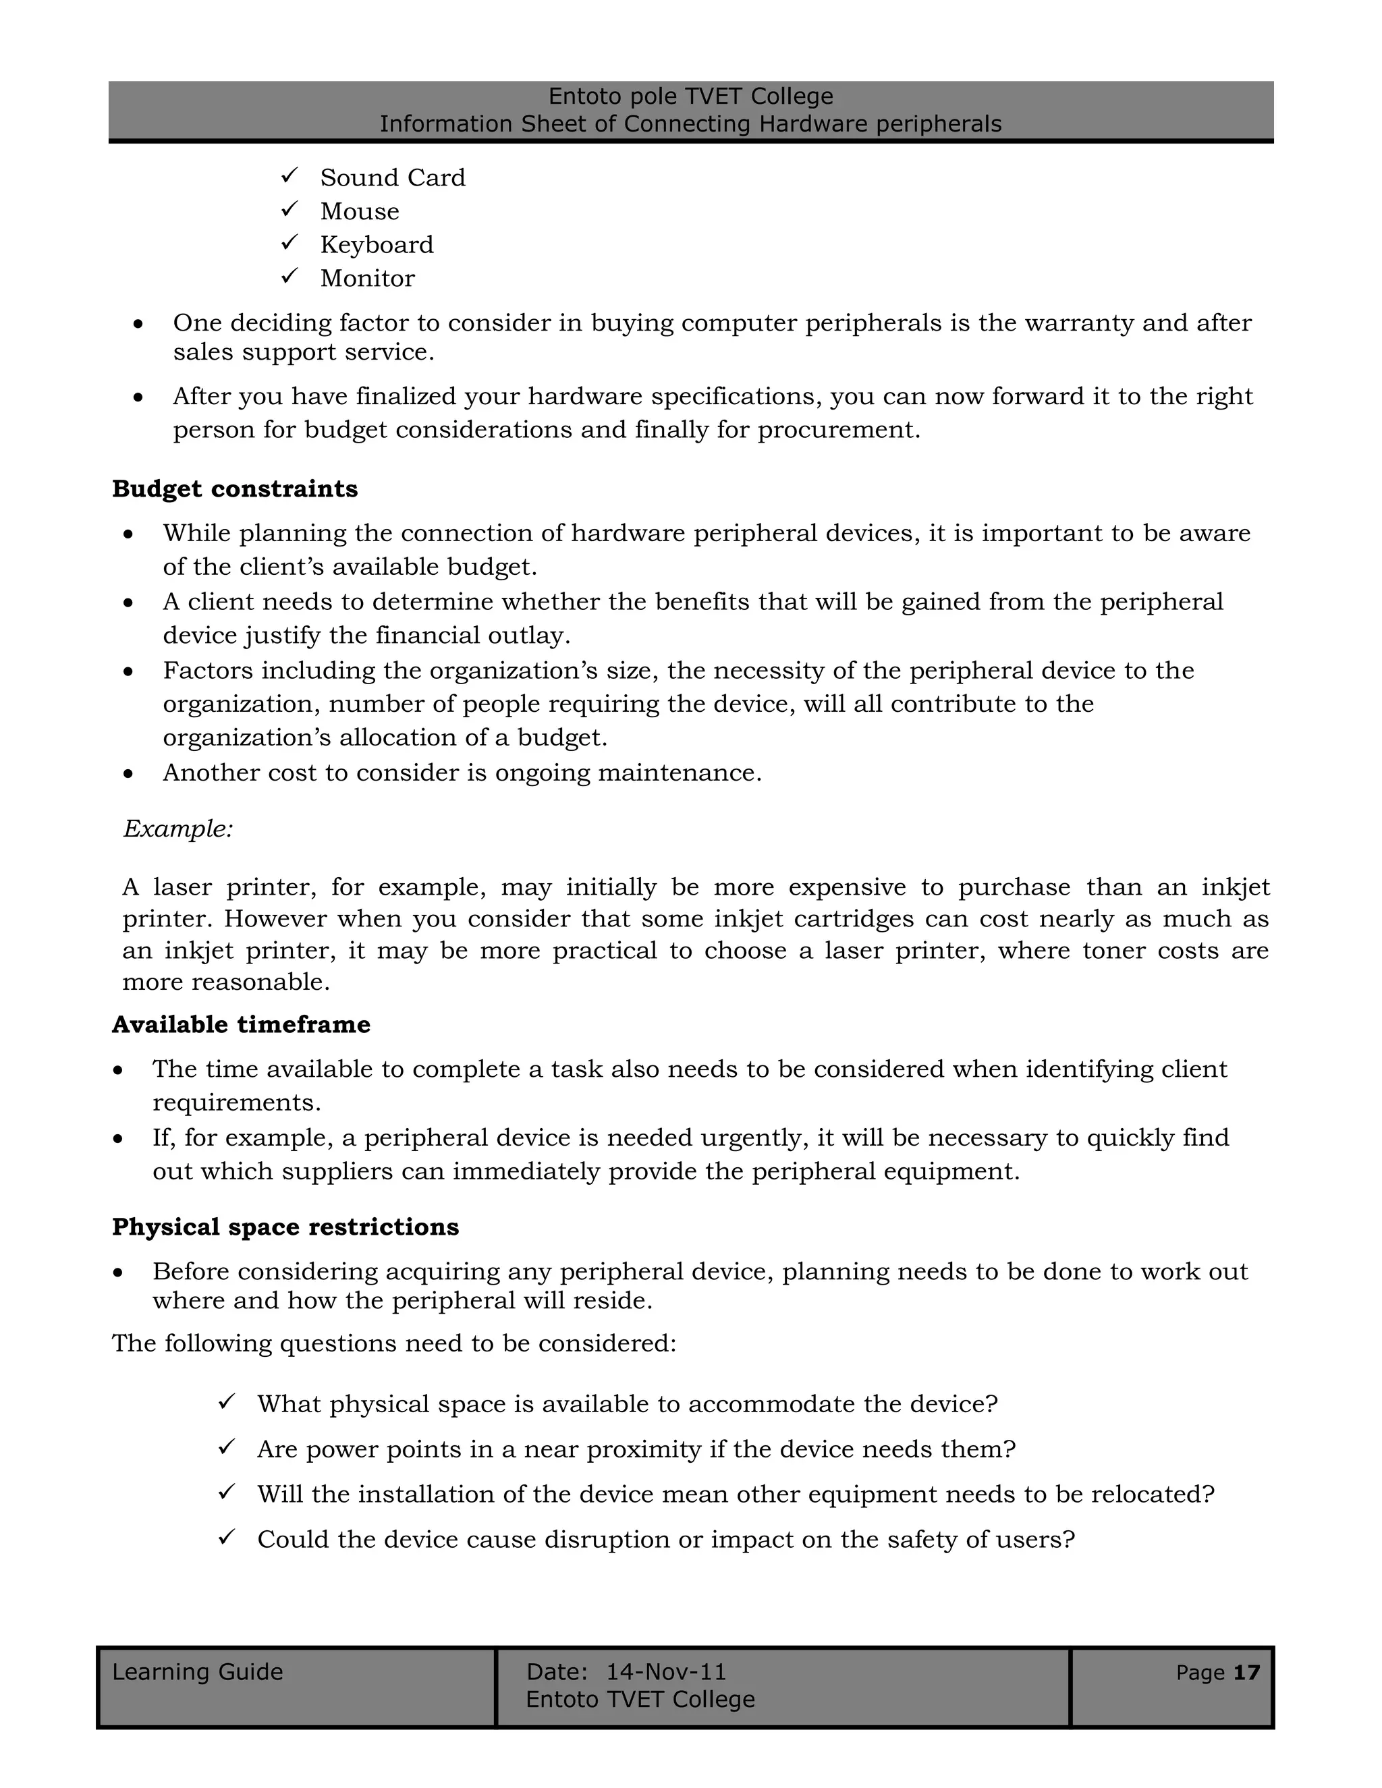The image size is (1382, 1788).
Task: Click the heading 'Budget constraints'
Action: [x=235, y=488]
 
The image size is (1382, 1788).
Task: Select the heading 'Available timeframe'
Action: [x=241, y=1024]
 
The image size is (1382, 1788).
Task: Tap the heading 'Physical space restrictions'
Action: [x=285, y=1227]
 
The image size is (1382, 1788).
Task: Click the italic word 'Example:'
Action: [x=178, y=829]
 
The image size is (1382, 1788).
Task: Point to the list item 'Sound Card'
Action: [x=392, y=177]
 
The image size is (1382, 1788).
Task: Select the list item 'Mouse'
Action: [x=360, y=211]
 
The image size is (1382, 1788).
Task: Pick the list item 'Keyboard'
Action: [x=377, y=245]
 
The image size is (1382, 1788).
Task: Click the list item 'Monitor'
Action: [x=368, y=279]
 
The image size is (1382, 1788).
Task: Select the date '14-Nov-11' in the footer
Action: [x=665, y=1672]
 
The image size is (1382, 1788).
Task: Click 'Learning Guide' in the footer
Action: [x=197, y=1672]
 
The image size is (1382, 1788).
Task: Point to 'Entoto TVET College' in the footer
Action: [x=640, y=1700]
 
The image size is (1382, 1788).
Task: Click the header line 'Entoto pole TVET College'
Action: [x=690, y=96]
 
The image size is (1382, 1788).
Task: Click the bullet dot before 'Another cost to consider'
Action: [x=128, y=774]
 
